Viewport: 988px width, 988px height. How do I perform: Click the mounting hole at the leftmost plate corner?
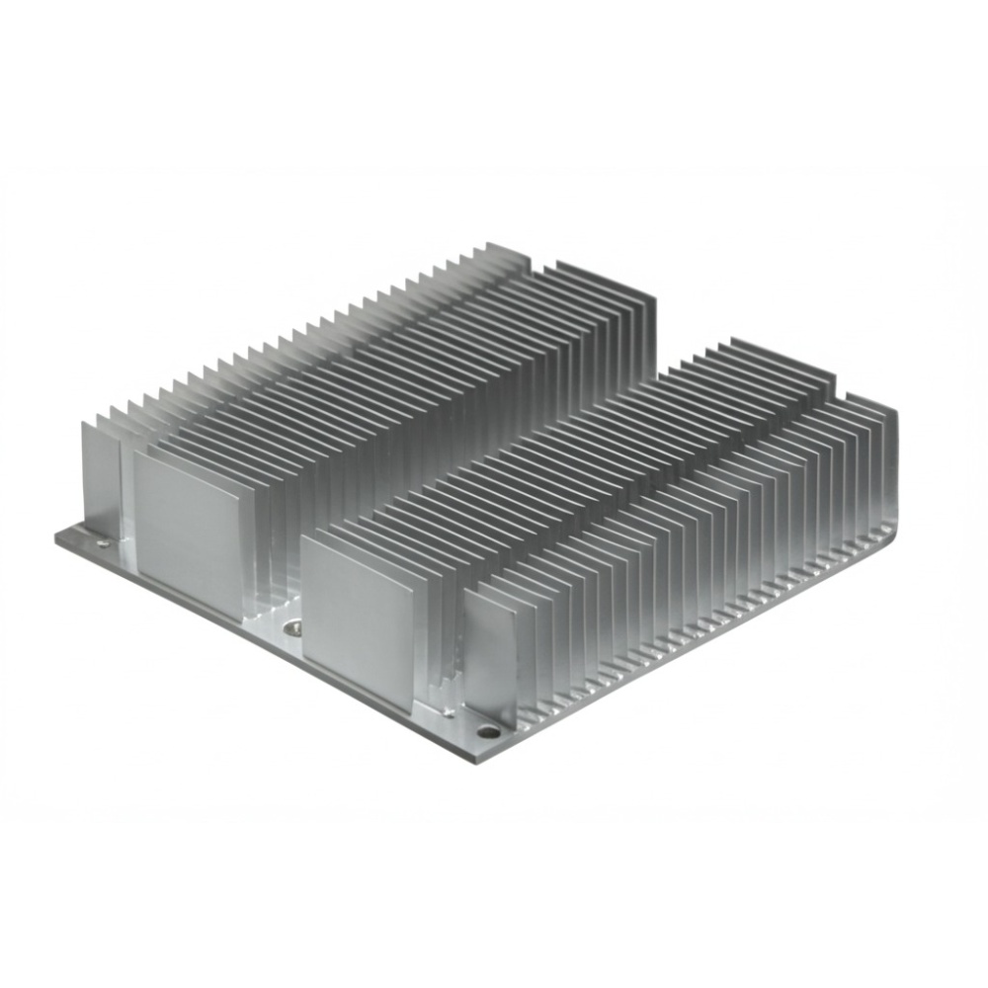coord(103,542)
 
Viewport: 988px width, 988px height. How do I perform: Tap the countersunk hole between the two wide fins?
coord(290,625)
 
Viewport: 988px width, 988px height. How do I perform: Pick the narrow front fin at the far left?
coord(99,474)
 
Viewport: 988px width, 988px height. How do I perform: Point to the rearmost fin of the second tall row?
coord(608,282)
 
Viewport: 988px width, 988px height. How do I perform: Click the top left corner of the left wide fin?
coord(135,457)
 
